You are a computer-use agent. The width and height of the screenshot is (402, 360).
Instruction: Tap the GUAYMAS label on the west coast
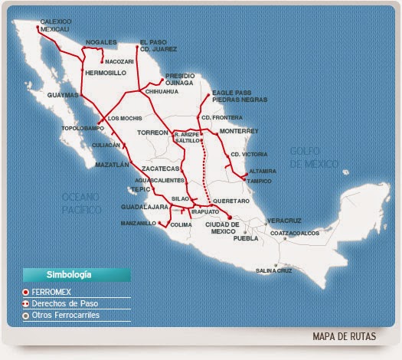coord(62,95)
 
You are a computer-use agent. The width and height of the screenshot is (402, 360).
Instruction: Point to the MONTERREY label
coord(239,130)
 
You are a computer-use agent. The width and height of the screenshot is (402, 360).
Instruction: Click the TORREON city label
coord(151,133)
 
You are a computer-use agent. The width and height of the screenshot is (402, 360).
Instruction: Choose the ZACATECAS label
coord(160,168)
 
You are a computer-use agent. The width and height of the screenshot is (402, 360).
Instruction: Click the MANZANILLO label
coord(139,224)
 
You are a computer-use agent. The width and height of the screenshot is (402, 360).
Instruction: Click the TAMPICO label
coord(259,181)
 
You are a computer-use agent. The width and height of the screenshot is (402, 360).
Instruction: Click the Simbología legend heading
coord(77,273)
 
